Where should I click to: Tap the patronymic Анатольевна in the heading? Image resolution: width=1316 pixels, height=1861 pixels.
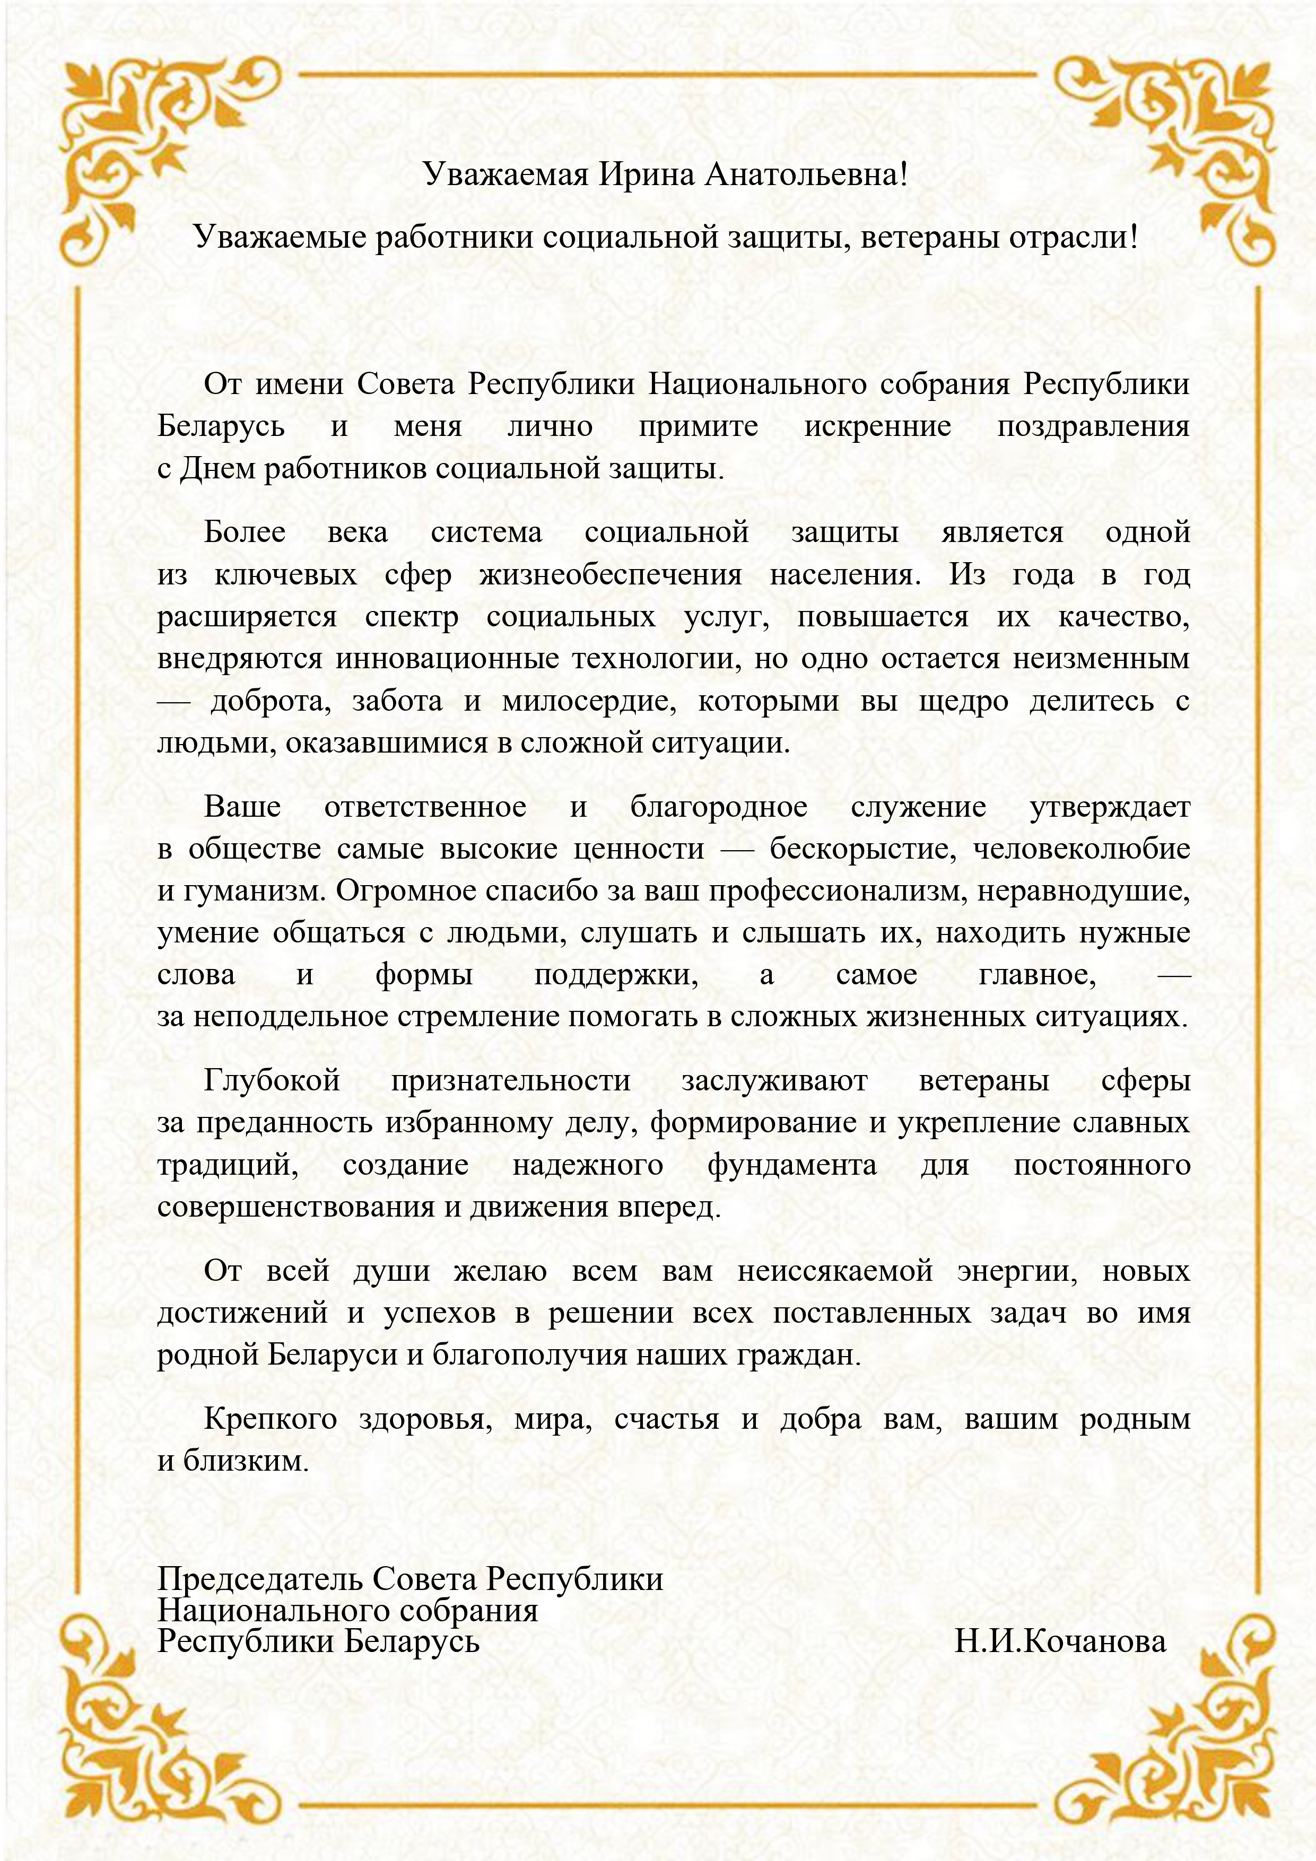tap(805, 174)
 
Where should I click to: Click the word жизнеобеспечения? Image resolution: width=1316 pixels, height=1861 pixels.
tap(611, 575)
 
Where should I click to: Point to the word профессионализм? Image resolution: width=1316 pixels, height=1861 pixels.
tap(837, 891)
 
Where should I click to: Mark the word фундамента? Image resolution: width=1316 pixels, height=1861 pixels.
tap(791, 1165)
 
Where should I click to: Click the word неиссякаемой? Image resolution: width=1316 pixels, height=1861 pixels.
tap(835, 1270)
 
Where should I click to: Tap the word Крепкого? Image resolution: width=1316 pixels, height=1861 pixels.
tap(270, 1419)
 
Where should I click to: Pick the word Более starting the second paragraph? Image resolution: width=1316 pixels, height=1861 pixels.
tap(245, 532)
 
